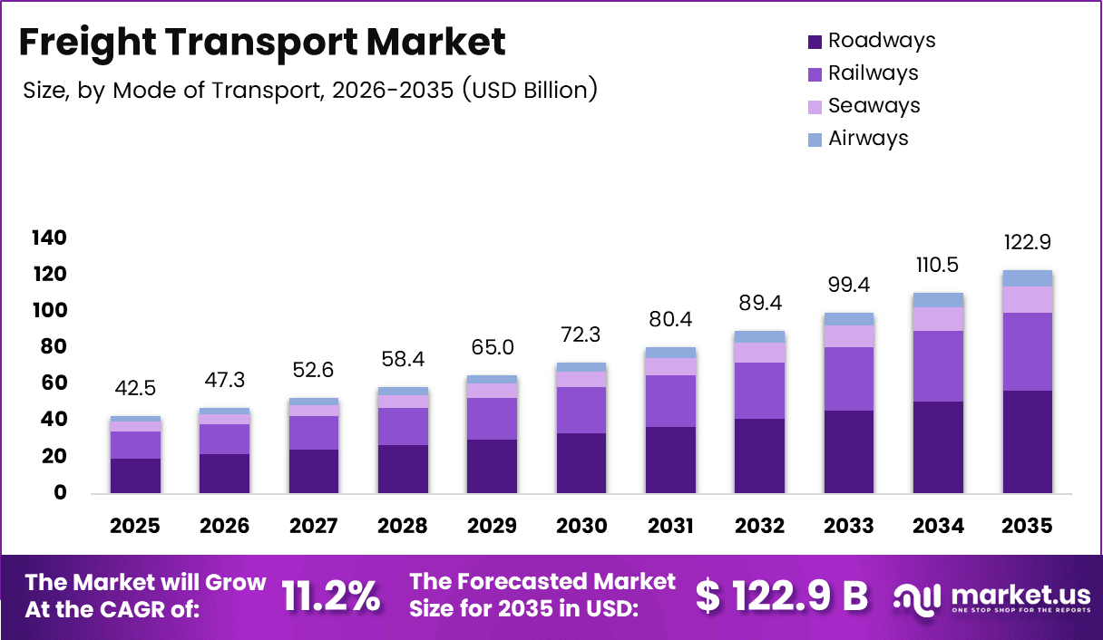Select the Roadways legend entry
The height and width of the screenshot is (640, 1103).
(871, 41)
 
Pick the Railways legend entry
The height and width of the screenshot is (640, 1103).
(862, 73)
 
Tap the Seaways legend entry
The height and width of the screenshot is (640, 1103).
(863, 106)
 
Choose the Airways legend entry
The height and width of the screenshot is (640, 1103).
(857, 139)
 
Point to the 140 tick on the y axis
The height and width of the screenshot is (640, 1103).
(49, 238)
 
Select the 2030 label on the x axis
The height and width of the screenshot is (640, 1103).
(581, 527)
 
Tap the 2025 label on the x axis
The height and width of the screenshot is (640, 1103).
(135, 527)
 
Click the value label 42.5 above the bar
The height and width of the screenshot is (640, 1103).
(135, 389)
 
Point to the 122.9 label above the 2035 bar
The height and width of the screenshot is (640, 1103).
(1027, 243)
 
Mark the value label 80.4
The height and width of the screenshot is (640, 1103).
(670, 320)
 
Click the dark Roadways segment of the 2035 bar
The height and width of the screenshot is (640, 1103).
(1027, 441)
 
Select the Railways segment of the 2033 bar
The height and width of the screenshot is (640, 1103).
(848, 379)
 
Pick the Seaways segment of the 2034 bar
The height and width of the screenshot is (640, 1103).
(938, 319)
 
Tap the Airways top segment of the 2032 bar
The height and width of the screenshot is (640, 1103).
(759, 336)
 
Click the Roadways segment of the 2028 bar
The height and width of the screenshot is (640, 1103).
(403, 469)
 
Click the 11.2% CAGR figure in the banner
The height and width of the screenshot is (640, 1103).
(331, 596)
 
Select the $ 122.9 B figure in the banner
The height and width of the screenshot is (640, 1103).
(781, 596)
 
